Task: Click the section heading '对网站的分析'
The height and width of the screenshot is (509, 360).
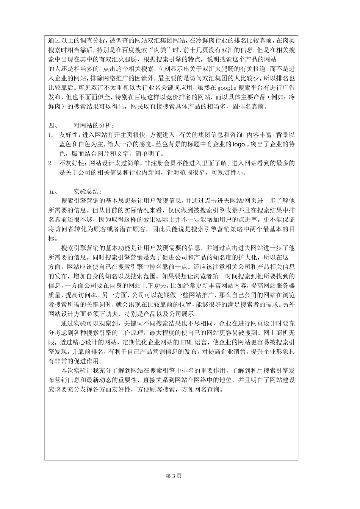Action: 93,125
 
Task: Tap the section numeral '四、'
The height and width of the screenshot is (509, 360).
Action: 53,125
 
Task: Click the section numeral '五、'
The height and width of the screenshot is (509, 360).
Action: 53,191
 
